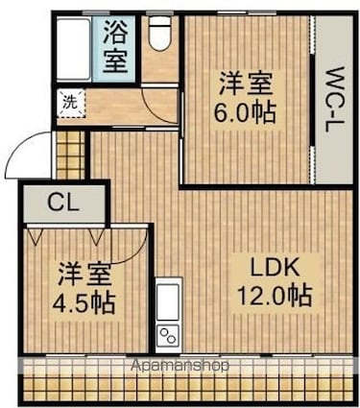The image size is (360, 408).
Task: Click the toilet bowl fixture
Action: pyautogui.click(x=160, y=33)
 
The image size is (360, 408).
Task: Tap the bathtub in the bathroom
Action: pyautogui.click(x=74, y=49)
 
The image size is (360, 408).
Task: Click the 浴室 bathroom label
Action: pyautogui.click(x=114, y=47)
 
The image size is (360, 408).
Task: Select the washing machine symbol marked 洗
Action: pyautogui.click(x=71, y=104)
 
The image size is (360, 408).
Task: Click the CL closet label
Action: pyautogui.click(x=62, y=203)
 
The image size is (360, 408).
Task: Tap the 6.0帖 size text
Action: pyautogui.click(x=245, y=113)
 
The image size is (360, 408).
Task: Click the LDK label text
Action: pyautogui.click(x=275, y=268)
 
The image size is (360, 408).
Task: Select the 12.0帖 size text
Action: pyautogui.click(x=274, y=296)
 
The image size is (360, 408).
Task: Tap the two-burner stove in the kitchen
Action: pyautogui.click(x=168, y=335)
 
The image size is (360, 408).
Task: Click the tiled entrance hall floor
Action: pyautogui.click(x=71, y=155)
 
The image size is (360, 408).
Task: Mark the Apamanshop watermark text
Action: pyautogui.click(x=180, y=365)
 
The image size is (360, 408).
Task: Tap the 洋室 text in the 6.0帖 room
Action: pyautogui.click(x=246, y=84)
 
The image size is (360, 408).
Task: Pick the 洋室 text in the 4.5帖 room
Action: pyautogui.click(x=84, y=275)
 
